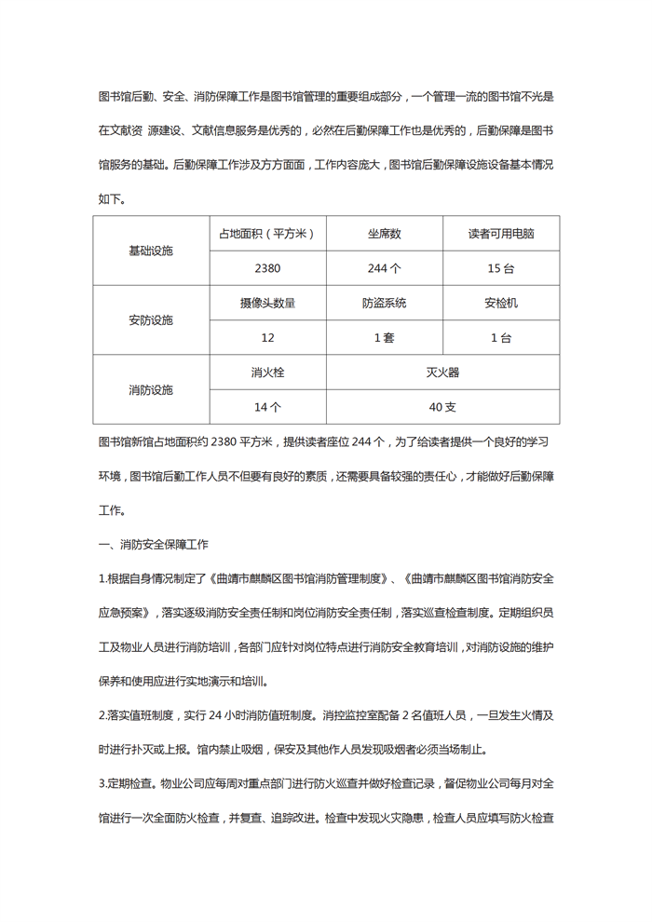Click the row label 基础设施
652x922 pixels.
(151, 251)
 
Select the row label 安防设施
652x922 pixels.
(151, 320)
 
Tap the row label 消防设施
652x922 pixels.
(151, 389)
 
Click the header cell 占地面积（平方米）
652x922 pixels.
(267, 234)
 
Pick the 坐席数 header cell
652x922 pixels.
(384, 234)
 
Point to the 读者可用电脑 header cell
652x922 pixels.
(500, 234)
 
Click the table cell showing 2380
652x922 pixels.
(267, 268)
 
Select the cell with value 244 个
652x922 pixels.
(384, 268)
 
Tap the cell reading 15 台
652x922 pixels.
(500, 268)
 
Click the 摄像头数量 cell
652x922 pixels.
(267, 303)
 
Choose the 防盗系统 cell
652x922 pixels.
(384, 303)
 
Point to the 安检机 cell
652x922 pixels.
(500, 303)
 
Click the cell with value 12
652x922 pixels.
(267, 337)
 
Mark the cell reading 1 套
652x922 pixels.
(384, 337)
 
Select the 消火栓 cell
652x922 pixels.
(267, 372)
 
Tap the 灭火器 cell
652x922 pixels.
(442, 372)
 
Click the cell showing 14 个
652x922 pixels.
(267, 406)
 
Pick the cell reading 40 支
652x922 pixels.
(442, 406)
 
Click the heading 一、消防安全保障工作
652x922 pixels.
(154, 543)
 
